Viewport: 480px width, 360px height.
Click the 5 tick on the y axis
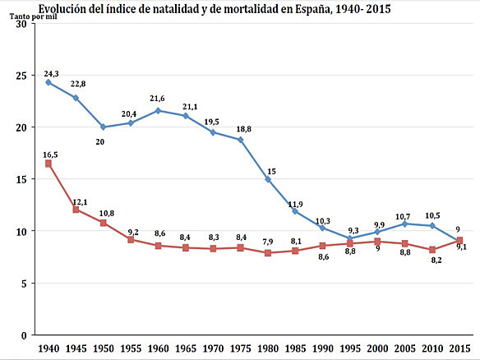pos(24,284)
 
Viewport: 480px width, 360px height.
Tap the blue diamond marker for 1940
pos(48,82)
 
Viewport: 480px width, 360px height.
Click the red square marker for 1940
pos(48,164)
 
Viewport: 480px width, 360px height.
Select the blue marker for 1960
pos(158,110)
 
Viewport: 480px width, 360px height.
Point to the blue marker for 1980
pos(267,179)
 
